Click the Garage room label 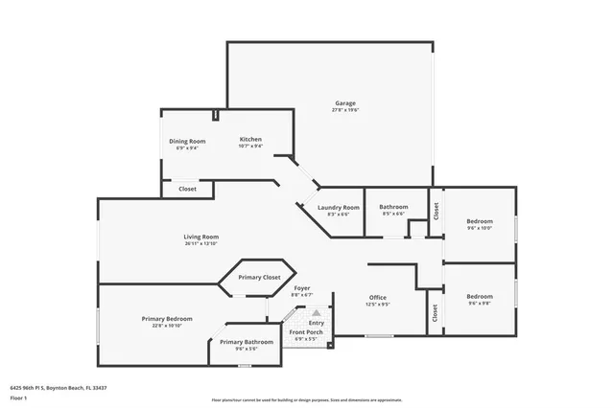tap(345, 103)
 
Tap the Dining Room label tap(187, 141)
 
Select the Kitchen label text tap(250, 139)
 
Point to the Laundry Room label tap(338, 207)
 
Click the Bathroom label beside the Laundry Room tap(393, 207)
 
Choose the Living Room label tap(201, 237)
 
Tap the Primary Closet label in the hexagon tap(259, 277)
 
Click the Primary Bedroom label tap(167, 318)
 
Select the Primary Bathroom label tap(247, 342)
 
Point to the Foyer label tap(301, 287)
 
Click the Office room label tap(378, 297)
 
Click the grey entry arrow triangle tap(316, 312)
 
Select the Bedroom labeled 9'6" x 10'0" tap(479, 221)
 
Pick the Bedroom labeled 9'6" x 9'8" tap(479, 296)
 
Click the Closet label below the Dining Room tap(187, 189)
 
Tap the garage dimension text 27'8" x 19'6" tap(345, 110)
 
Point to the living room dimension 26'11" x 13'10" tap(201, 243)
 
